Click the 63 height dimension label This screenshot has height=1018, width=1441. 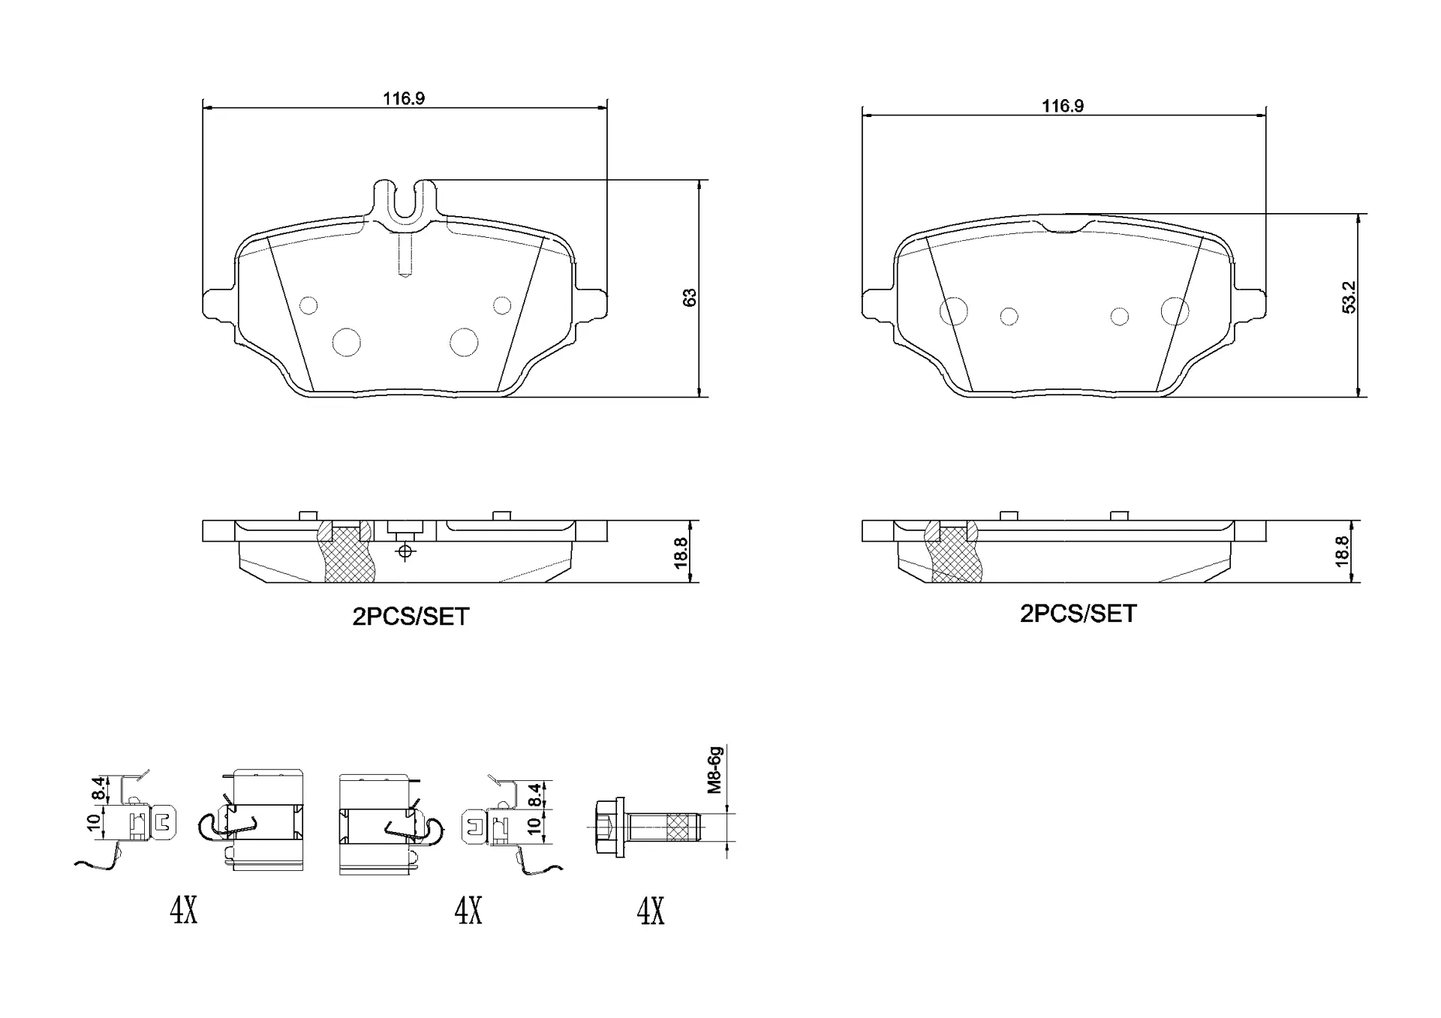point(690,297)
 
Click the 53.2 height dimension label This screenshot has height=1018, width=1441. point(1349,297)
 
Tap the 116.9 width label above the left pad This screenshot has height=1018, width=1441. point(404,98)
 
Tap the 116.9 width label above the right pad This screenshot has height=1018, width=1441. point(1063,106)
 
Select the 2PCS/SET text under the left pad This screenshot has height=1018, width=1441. point(411,617)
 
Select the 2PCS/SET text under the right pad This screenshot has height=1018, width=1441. point(1078,614)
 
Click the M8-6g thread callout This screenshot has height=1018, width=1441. point(714,770)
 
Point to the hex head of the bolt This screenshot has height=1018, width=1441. point(609,827)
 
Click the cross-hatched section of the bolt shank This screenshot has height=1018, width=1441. point(678,827)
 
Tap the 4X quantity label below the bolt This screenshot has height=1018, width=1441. point(651,911)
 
